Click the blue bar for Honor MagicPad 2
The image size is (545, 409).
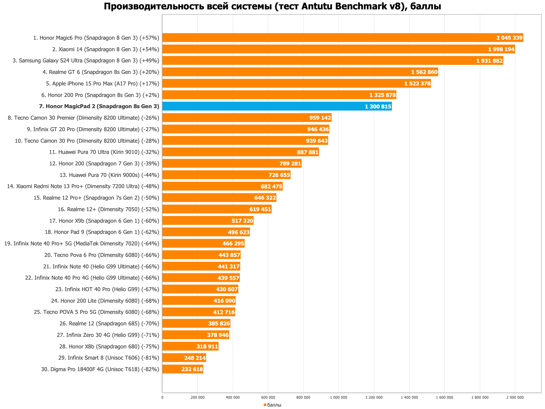(277, 106)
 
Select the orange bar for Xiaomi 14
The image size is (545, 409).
(339, 49)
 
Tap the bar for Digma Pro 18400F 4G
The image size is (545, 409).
(183, 369)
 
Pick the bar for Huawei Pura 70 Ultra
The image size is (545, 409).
(240, 152)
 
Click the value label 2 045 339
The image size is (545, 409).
(509, 38)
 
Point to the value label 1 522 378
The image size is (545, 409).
(417, 84)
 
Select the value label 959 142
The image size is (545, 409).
(320, 118)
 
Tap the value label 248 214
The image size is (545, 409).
(195, 358)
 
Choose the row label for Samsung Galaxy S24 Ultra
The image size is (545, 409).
(86, 61)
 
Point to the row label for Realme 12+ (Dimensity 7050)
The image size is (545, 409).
(108, 209)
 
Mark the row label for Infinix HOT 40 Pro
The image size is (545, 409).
(107, 289)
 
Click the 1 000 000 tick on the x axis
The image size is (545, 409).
(339, 397)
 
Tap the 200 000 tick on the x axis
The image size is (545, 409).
(197, 397)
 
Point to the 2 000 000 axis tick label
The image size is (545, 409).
(515, 397)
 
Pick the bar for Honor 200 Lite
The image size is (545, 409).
(199, 301)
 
